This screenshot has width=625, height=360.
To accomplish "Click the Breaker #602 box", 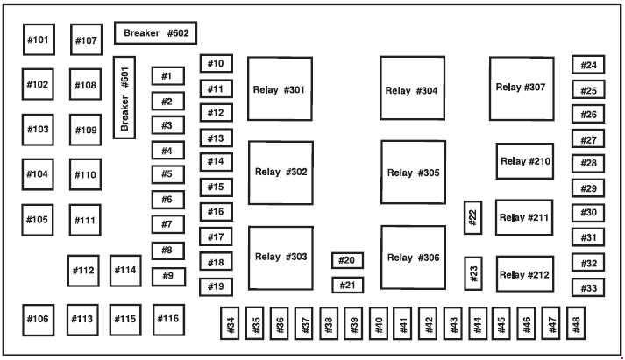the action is (155, 33).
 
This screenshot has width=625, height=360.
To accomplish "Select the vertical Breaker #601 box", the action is (124, 97).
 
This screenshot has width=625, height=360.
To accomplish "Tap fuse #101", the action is (39, 39).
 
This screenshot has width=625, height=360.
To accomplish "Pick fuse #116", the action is (168, 320).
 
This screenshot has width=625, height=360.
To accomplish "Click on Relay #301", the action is (280, 88).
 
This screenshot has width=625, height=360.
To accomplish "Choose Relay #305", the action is (414, 172).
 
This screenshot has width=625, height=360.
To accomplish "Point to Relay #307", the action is (522, 88).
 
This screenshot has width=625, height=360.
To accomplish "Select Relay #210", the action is (525, 161).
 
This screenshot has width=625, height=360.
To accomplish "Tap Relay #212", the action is (525, 274).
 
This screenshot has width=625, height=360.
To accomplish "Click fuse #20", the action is (348, 260).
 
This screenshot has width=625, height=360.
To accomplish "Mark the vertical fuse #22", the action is (473, 217).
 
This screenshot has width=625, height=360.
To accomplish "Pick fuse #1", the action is (168, 76).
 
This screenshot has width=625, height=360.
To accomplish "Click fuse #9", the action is (168, 277).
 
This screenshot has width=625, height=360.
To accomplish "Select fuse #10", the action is (217, 64).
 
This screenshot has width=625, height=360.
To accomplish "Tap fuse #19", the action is (216, 287).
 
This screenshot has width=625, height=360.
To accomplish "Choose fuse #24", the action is (588, 65).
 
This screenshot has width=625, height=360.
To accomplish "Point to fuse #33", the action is (588, 287).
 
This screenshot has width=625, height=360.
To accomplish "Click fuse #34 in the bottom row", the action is (230, 323).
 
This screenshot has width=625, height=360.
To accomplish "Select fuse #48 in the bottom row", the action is (576, 323).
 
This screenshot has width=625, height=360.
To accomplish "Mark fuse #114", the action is (125, 271).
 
